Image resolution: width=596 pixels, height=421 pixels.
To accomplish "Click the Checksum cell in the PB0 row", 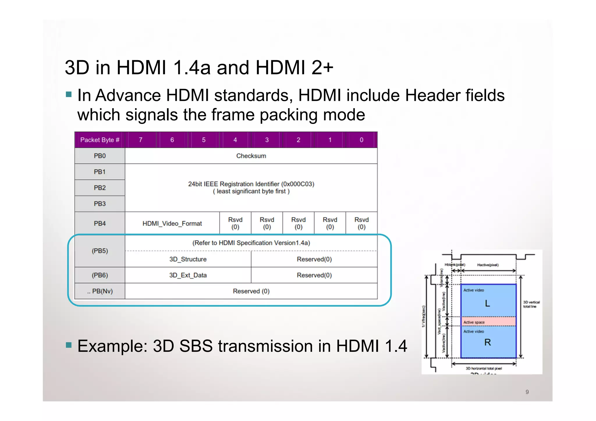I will tap(251, 156).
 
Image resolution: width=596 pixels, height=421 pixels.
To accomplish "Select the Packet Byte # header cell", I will tap(100, 140).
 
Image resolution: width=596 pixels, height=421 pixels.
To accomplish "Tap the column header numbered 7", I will tap(141, 140).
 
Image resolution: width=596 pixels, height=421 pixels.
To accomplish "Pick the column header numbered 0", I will tap(361, 140).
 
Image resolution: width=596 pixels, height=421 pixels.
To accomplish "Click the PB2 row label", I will tap(100, 188).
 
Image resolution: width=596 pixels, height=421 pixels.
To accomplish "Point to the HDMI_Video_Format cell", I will tap(172, 223).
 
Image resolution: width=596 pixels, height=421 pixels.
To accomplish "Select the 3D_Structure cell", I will tap(188, 259).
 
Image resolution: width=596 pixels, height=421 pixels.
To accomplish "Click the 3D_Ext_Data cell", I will tap(188, 275).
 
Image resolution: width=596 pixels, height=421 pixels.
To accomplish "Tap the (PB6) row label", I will tap(100, 275).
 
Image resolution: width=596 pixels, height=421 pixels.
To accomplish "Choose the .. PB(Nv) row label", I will tap(100, 291).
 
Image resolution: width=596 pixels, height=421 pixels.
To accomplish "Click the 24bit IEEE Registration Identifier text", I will tap(251, 184).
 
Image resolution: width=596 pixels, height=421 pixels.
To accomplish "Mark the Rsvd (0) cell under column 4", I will tap(235, 223).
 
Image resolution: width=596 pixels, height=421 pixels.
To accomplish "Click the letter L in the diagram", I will tap(487, 304).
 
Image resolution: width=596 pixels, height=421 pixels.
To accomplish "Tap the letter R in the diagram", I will tap(487, 342).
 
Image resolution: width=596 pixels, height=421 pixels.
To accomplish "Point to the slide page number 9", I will tap(527, 392).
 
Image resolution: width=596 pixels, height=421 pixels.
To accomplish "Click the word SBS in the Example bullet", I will tap(196, 346).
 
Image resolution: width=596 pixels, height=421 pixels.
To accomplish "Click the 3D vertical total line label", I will tap(531, 304).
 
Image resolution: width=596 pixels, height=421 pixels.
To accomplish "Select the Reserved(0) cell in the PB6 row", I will tap(314, 275).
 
